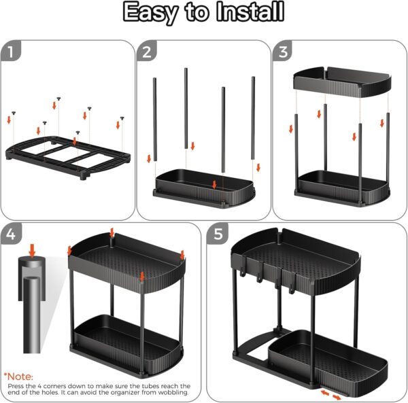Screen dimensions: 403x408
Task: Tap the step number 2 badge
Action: [147, 51]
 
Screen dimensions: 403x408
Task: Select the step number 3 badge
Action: [283, 52]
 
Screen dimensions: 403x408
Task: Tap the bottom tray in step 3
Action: [341, 188]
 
